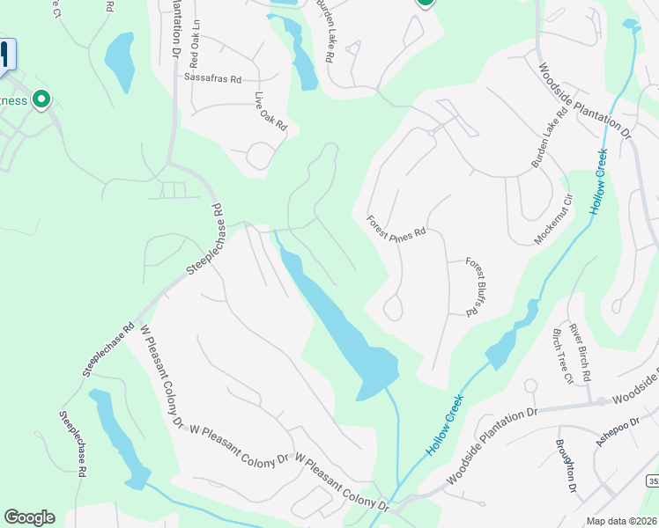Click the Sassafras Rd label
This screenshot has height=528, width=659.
point(212,78)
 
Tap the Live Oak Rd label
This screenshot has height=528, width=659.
point(271,112)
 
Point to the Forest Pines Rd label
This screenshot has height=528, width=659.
point(396,225)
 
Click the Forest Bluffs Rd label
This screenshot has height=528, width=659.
point(475,286)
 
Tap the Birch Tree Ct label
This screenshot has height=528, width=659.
point(561,356)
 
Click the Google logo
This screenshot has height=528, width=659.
point(29,517)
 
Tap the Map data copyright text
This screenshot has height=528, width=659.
point(622,521)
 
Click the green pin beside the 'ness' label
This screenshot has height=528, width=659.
point(41,100)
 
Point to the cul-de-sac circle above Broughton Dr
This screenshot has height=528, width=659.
point(530,386)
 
